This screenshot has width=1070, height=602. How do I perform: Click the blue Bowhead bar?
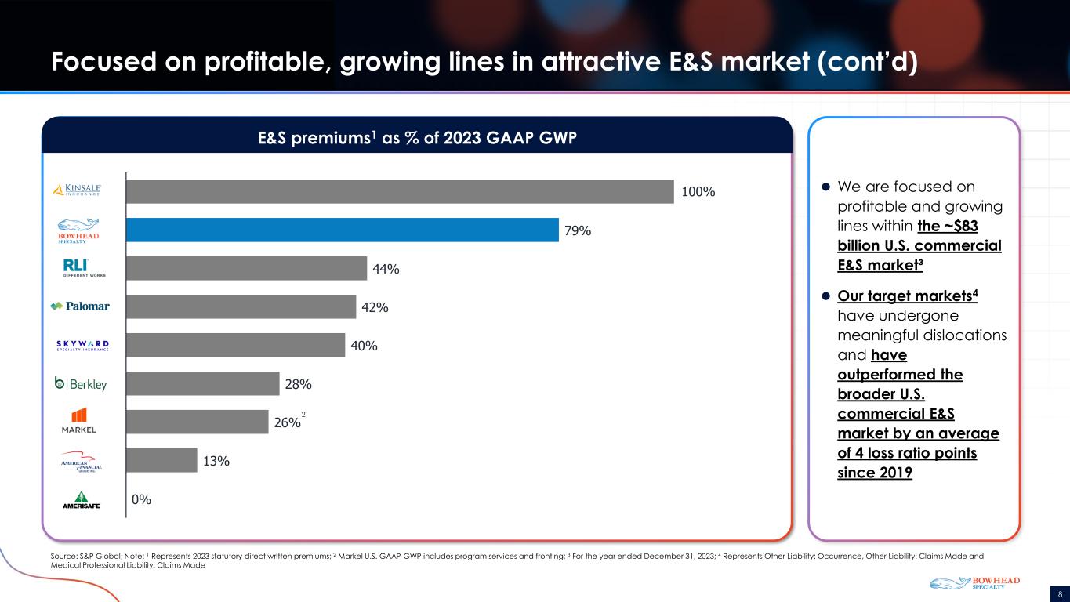coord(343,230)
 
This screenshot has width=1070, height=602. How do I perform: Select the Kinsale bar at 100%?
coord(401,191)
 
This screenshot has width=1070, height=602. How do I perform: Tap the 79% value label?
coord(578,230)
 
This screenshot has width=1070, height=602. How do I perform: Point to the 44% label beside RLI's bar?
coord(386,269)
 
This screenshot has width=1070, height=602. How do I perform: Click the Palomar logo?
coord(80,306)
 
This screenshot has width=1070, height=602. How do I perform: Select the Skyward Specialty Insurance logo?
coord(82,346)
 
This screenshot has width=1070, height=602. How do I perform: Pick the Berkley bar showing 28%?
coord(203,383)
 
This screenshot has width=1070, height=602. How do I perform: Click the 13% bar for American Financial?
coord(162,460)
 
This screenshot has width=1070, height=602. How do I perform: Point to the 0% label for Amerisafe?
coord(141,499)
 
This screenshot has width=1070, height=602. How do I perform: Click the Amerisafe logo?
coord(82,500)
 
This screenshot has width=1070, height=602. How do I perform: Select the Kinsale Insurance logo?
coord(77,190)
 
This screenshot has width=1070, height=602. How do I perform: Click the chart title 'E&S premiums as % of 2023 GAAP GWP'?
coord(417,138)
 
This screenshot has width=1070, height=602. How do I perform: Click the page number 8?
coord(1060,594)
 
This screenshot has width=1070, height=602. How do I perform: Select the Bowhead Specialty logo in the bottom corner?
coord(974,583)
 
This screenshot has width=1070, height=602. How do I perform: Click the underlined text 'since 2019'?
coord(875,473)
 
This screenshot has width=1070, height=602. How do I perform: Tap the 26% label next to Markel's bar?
coord(287,422)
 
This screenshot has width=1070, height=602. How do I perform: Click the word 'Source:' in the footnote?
coord(64,556)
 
